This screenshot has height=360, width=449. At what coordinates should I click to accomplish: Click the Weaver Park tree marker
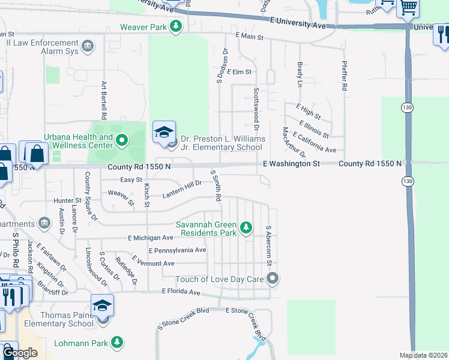176,27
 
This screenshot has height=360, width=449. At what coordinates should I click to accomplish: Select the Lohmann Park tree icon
118,343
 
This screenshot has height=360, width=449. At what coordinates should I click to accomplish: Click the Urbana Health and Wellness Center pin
122,141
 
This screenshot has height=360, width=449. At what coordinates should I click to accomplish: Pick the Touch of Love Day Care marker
273,278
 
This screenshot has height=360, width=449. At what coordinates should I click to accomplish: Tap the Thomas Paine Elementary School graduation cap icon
102,307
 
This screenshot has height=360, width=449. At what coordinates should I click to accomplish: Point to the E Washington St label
291,164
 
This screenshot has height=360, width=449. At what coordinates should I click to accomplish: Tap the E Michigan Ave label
151,238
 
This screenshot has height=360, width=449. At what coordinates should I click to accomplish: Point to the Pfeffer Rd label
344,75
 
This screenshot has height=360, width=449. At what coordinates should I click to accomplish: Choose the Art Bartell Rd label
104,100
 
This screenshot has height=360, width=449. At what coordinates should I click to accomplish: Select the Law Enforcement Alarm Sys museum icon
88,46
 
